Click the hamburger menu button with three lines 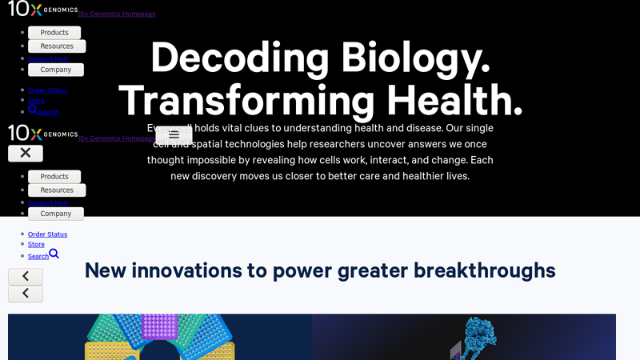coord(174,135)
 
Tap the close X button coord(26,153)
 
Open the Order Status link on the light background coord(47,234)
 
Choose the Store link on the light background coord(36,244)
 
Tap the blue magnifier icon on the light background coord(54,254)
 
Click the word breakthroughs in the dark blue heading coord(484,270)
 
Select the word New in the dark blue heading coord(105,270)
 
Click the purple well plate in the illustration coord(159,326)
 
